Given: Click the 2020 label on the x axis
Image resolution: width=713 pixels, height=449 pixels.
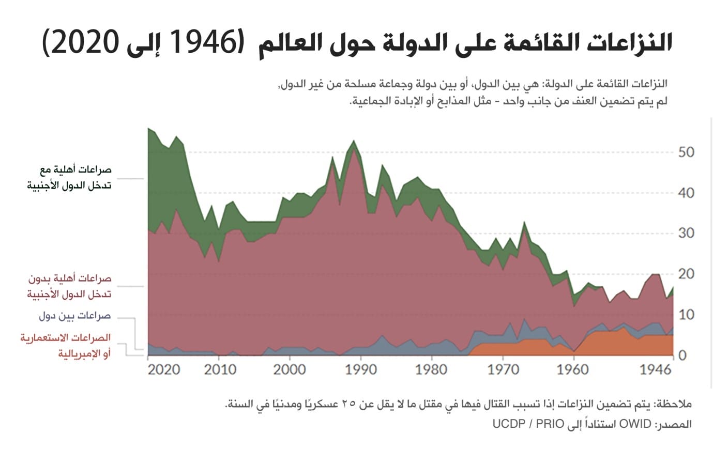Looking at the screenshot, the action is (x=164, y=370).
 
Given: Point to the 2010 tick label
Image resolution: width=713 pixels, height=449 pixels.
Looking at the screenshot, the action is (x=220, y=370).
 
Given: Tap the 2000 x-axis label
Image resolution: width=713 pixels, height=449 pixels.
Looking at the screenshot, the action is (x=290, y=370).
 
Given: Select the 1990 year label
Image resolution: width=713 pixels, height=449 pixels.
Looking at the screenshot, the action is (x=361, y=370).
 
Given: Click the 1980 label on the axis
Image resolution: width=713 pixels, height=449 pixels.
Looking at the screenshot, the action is (x=431, y=370).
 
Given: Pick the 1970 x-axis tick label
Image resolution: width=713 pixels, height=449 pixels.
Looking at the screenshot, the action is (x=503, y=370).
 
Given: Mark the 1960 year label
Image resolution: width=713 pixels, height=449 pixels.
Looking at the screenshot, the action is (x=573, y=370).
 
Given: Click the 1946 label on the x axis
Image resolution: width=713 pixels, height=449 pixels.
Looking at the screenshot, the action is (x=656, y=370).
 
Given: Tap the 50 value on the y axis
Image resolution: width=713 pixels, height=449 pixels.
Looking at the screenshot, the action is (x=686, y=152).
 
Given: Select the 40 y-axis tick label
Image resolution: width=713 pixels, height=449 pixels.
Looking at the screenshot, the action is (x=686, y=193).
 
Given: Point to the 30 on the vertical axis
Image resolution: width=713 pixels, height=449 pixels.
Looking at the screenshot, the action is (x=686, y=234).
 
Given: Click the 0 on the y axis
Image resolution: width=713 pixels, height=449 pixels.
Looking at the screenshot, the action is (x=682, y=355).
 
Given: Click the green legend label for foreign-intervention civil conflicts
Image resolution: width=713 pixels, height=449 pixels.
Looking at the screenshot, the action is (x=69, y=177).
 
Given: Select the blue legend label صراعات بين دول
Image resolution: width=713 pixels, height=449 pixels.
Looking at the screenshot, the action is (x=75, y=316).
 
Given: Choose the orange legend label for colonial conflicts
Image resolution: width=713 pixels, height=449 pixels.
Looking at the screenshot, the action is (x=66, y=345).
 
